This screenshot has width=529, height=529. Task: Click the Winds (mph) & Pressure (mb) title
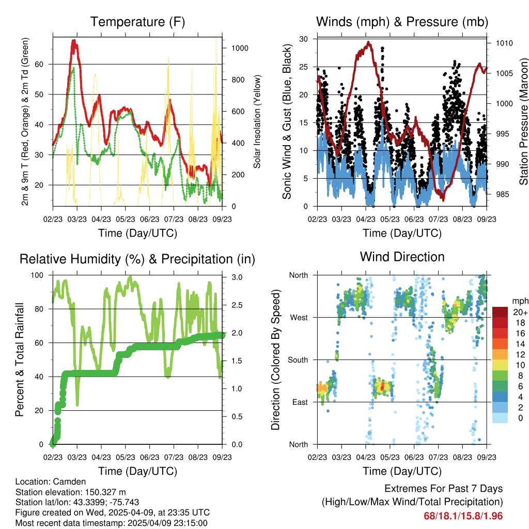coord(402,22)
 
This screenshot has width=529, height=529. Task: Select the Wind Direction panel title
coord(402,256)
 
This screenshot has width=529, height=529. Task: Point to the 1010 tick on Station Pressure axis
coord(503,43)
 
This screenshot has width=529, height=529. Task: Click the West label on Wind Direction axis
coord(298,318)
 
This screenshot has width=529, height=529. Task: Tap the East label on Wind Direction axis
coord(299,402)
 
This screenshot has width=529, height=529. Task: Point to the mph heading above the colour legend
coord(519,301)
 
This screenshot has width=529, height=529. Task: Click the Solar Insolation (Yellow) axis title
coord(257,121)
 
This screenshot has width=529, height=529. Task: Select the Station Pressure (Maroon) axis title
coord(523,121)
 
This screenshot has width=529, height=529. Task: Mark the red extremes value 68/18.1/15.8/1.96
coord(463,516)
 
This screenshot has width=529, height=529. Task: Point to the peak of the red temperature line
coord(74,40)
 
